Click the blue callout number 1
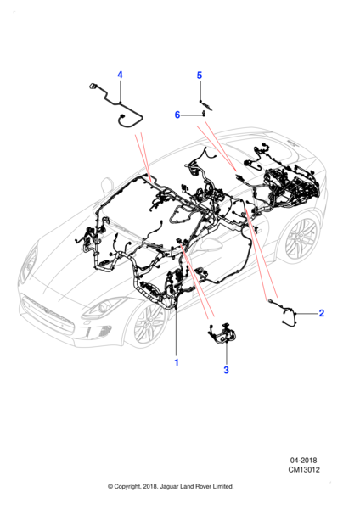(x=177, y=362)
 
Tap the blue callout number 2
(x=321, y=313)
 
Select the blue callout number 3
(x=226, y=370)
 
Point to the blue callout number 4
(x=120, y=75)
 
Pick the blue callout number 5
(x=200, y=76)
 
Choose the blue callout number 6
(x=177, y=115)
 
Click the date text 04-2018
(x=303, y=461)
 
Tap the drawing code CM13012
(x=304, y=470)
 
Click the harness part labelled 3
(x=222, y=334)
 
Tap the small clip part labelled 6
(x=204, y=114)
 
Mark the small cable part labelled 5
(x=206, y=105)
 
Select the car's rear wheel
(x=301, y=239)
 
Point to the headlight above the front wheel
(x=104, y=306)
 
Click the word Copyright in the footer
(x=128, y=487)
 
